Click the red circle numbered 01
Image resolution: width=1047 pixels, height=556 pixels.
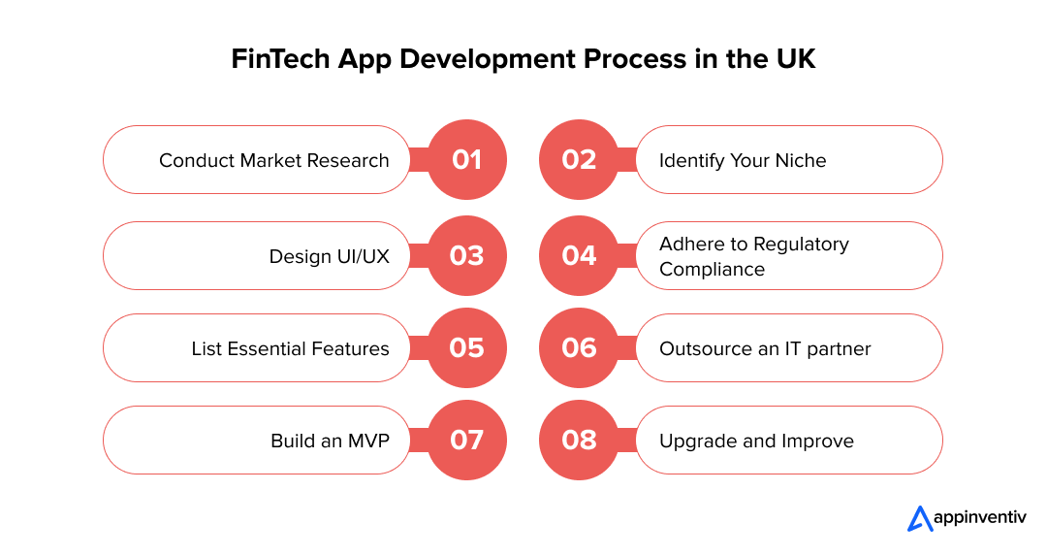pos(466,160)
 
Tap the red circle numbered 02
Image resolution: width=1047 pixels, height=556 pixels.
pos(579,160)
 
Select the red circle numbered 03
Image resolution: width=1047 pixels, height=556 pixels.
pos(466,256)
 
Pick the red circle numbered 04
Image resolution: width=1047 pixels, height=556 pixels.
pos(579,256)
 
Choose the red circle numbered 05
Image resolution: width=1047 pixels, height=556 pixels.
pos(466,348)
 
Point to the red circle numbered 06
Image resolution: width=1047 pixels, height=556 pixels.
pos(579,348)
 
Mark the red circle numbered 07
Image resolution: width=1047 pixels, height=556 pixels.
pos(466,441)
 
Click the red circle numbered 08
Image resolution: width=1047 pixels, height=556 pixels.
pos(579,441)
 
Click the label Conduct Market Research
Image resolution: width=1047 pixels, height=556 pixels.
pos(273,160)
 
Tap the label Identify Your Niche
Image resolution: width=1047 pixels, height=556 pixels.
pos(743,161)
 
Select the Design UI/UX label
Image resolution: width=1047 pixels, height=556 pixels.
pos(330,256)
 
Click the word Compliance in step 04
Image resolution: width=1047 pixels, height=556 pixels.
pos(712,270)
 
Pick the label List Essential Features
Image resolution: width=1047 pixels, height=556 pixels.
pos(291,349)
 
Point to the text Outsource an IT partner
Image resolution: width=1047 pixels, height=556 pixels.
pos(765,349)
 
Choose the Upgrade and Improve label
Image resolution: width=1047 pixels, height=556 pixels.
pos(756,442)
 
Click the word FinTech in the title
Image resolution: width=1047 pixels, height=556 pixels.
pos(280,59)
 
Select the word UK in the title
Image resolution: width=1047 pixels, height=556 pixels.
pos(796,59)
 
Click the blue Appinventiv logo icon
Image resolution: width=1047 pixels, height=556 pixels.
pos(920,518)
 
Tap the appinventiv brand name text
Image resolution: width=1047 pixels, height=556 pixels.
pos(979,518)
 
